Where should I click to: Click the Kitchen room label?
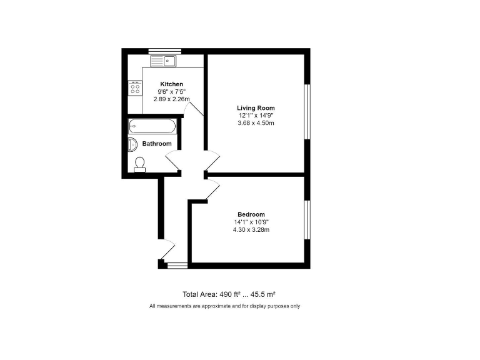[172, 84]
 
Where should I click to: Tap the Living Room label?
[256, 108]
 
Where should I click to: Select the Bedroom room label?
[251, 214]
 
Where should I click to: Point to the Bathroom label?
[157, 144]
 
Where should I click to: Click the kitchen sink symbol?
[164, 61]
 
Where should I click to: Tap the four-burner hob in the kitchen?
[134, 88]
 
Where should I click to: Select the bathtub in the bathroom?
[152, 126]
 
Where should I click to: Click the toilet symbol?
[140, 164]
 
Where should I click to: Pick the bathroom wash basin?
[132, 144]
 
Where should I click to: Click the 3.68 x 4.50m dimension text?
[256, 123]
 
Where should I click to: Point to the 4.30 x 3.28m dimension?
[251, 229]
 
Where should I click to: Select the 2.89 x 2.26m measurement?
[172, 99]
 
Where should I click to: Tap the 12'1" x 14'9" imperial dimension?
[256, 116]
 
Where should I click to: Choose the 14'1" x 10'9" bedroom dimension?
[251, 222]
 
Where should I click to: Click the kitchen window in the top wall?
[164, 51]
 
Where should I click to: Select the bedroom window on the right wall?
[307, 219]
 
